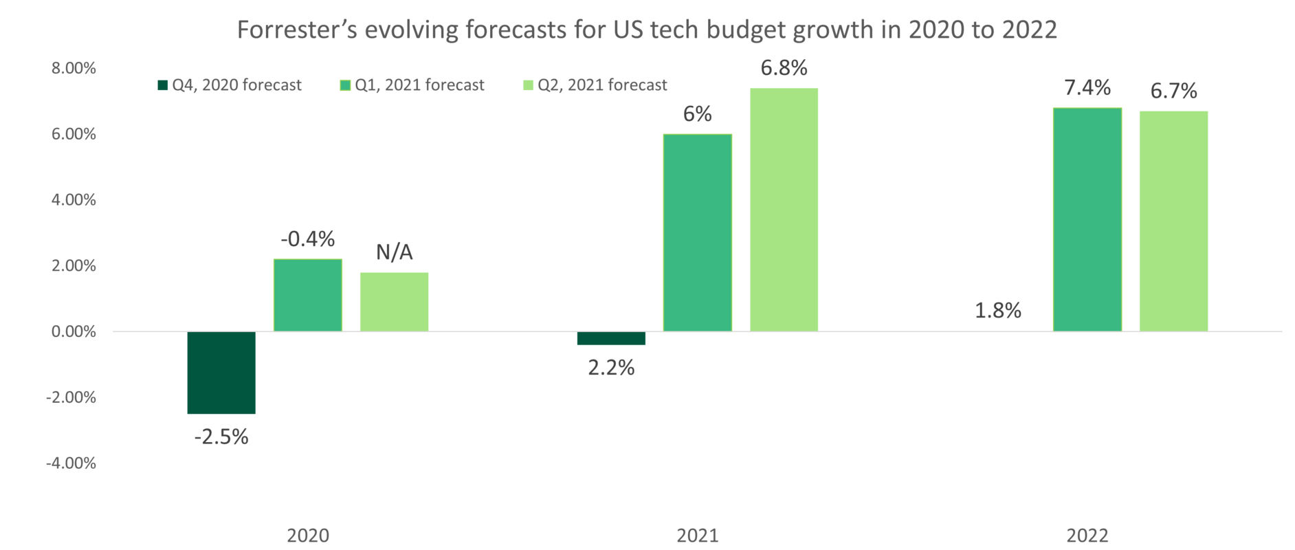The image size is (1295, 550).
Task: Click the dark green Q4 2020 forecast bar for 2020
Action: (221, 373)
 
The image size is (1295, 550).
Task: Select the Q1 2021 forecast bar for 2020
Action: (307, 295)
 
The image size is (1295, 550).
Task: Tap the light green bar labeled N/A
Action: (394, 301)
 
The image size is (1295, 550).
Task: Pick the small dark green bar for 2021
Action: (611, 339)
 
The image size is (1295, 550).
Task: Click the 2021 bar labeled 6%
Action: (697, 232)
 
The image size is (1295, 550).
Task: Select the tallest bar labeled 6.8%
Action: (784, 209)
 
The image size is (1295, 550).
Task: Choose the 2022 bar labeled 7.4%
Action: (1087, 219)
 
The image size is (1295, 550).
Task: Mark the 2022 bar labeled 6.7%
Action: (1173, 221)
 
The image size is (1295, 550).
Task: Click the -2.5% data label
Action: (221, 437)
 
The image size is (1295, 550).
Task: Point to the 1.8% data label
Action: (998, 311)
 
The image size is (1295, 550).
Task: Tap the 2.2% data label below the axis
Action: (610, 368)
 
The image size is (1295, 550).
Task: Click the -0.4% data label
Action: (307, 239)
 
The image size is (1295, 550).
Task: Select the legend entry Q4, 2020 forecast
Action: (230, 85)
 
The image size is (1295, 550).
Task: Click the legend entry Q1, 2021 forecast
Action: (412, 85)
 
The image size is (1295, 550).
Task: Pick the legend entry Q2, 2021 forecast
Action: (595, 85)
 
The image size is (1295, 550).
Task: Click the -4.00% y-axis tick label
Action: (71, 464)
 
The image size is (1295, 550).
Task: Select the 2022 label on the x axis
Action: (1087, 536)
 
